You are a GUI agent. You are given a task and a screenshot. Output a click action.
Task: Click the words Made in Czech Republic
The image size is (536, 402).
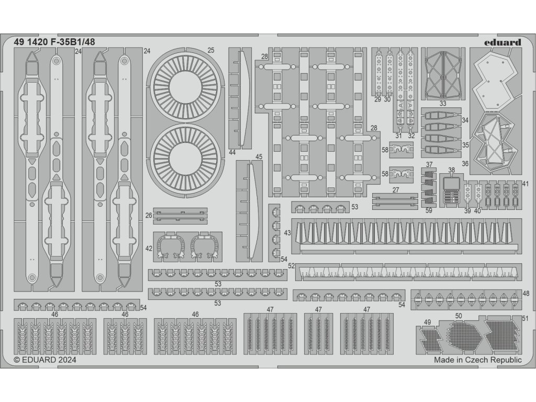click(x=477, y=360)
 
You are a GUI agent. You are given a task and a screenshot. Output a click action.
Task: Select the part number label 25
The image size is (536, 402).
click(x=210, y=50)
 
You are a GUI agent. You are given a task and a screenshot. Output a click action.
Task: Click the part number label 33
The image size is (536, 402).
click(x=443, y=103)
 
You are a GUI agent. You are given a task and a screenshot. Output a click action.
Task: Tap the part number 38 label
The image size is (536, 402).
click(x=451, y=170)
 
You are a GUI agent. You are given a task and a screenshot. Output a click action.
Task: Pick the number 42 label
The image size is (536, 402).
click(x=149, y=248)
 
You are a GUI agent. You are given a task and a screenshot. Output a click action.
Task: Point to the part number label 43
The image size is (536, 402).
click(x=287, y=232)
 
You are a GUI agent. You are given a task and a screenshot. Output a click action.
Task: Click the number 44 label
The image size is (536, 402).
click(x=232, y=152)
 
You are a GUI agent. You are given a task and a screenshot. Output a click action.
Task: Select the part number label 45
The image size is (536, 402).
click(x=259, y=157)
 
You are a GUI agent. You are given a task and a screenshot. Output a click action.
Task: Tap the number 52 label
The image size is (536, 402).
click(x=292, y=266)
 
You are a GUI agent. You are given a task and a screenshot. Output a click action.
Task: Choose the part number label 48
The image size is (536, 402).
click(x=526, y=293)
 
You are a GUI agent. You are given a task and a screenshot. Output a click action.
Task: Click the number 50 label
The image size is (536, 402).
click(x=459, y=316)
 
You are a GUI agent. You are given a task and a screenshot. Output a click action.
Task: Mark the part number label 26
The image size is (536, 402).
click(x=149, y=215)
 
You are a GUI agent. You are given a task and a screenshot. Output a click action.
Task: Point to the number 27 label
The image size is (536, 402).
click(x=396, y=190)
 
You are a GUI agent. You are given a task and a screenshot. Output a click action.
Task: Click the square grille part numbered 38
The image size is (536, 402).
click(x=451, y=192)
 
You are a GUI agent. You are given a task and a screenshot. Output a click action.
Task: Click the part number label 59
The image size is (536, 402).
click(x=429, y=211)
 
